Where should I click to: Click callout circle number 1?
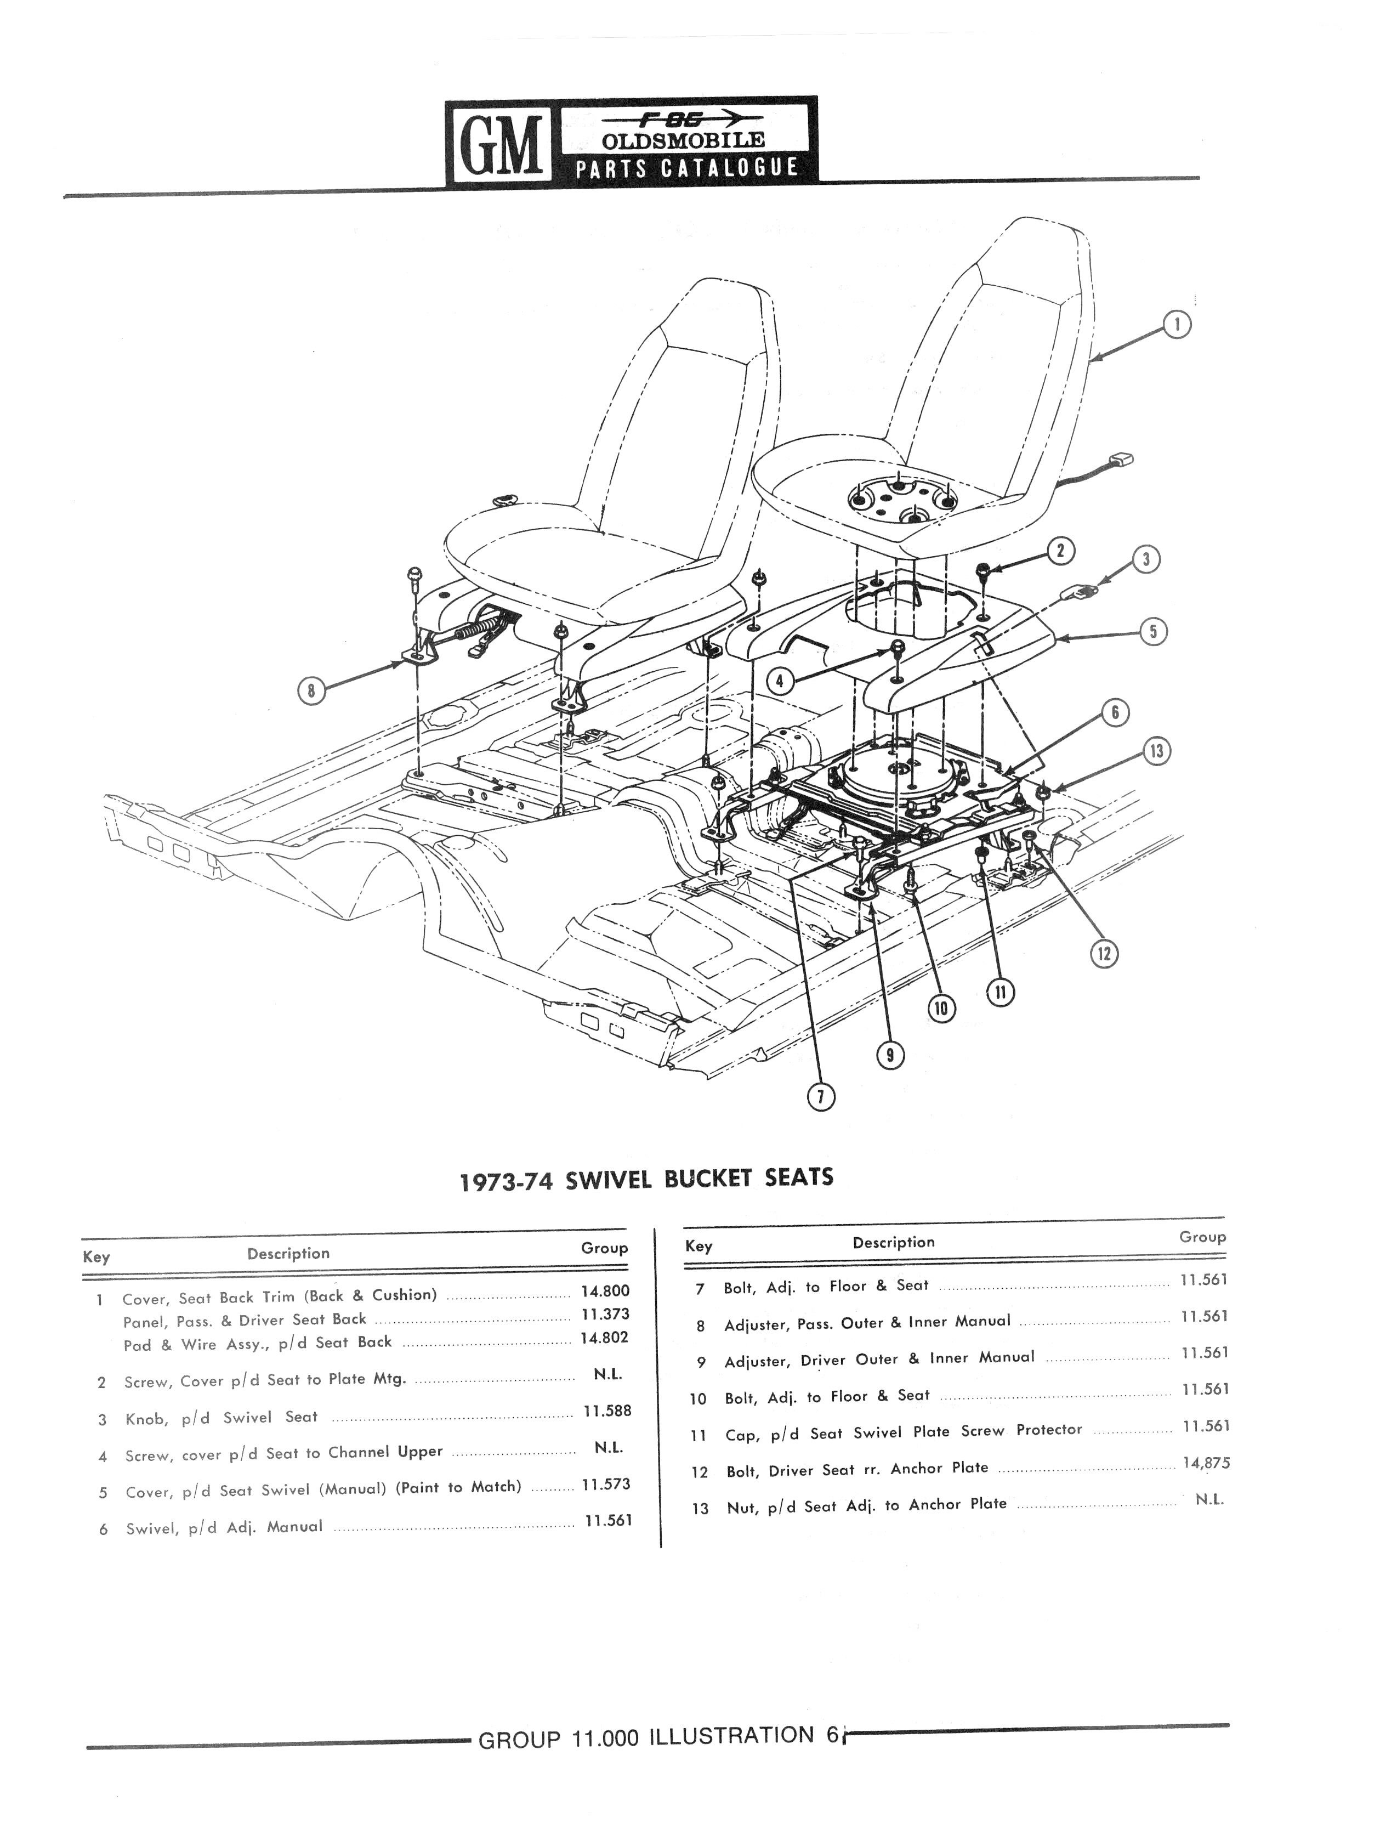(1177, 325)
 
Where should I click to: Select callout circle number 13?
(1156, 751)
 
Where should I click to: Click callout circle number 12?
(1104, 953)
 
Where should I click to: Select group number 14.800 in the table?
(605, 1291)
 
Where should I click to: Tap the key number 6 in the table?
(103, 1529)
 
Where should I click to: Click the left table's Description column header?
(288, 1254)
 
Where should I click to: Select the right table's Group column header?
(1202, 1237)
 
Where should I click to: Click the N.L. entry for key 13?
(1209, 1500)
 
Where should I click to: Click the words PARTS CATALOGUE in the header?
(687, 167)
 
